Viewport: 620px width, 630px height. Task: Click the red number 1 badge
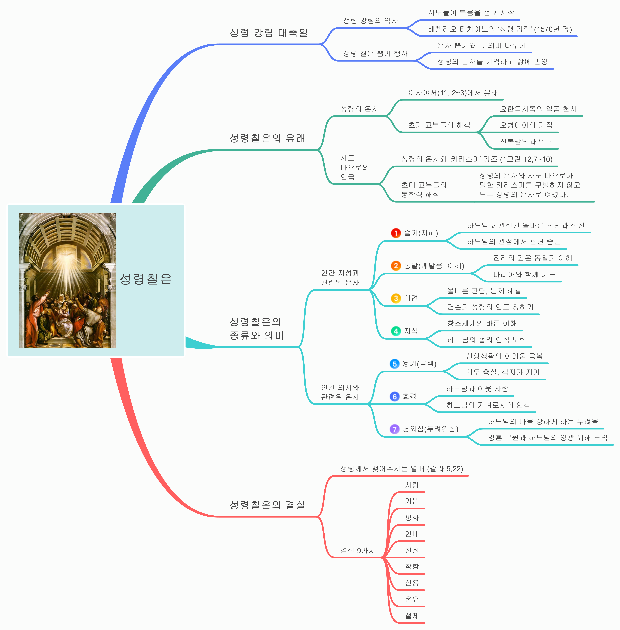coord(396,233)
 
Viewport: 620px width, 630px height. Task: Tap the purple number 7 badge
coord(394,429)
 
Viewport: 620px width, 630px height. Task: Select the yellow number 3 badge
coord(396,298)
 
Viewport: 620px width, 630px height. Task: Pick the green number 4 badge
coord(396,331)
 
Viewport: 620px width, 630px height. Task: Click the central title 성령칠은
coord(146,279)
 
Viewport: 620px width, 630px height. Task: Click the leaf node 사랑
coord(412,485)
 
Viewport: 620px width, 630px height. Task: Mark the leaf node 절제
coord(412,616)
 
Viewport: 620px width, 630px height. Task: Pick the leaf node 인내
coord(412,534)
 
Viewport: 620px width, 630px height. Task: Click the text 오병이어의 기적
coord(526,125)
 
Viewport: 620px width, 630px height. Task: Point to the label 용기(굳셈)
coord(419,364)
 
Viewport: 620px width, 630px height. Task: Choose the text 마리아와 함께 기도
coord(524,274)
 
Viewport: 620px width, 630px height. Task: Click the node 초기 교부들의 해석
coord(439,125)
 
